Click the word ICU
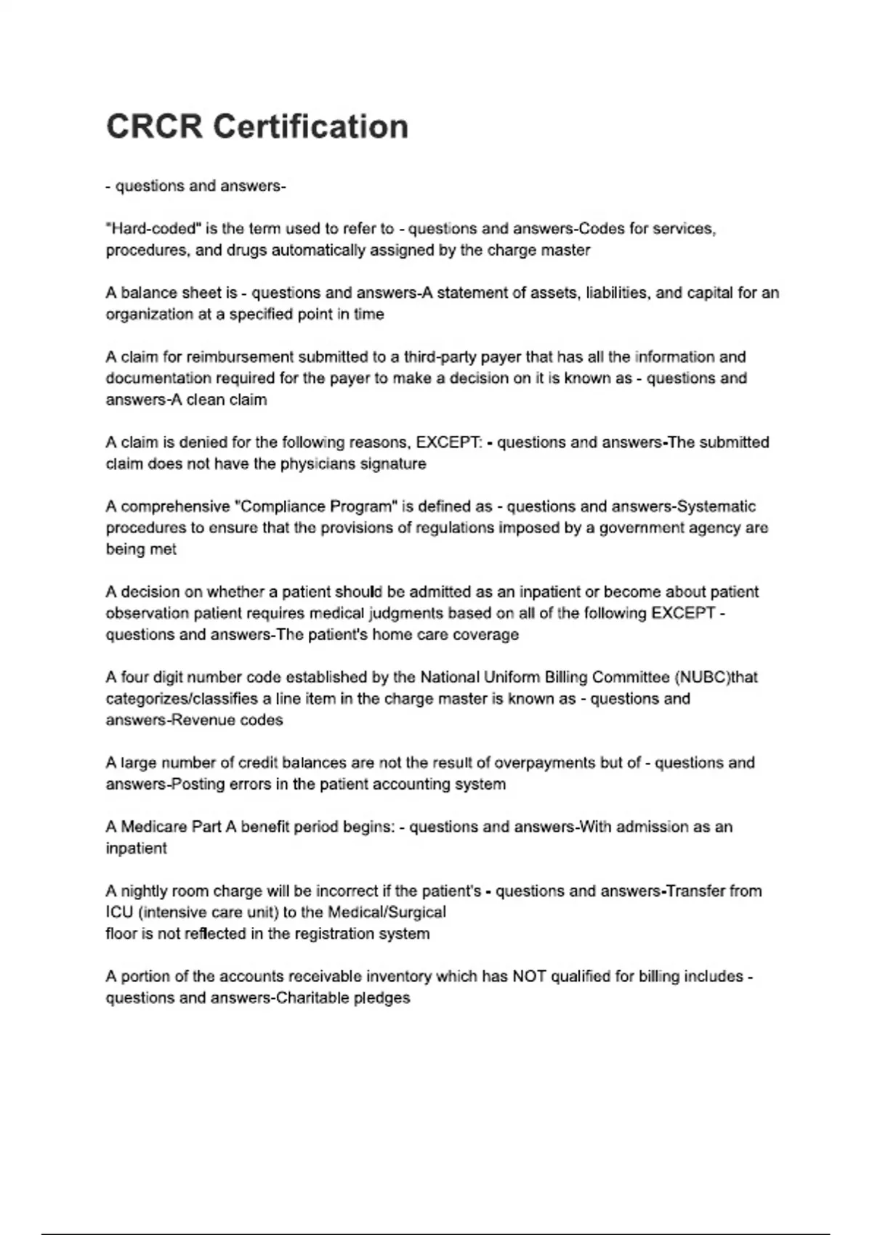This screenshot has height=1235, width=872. pos(119,912)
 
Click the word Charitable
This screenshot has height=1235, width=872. pos(312,998)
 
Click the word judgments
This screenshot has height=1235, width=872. pos(406,613)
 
